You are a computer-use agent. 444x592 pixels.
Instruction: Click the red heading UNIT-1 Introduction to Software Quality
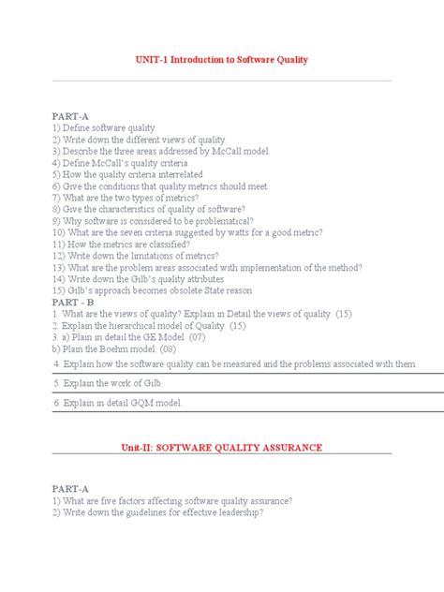pyautogui.click(x=222, y=60)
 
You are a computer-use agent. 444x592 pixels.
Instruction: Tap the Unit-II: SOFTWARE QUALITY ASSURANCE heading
pyautogui.click(x=222, y=448)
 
